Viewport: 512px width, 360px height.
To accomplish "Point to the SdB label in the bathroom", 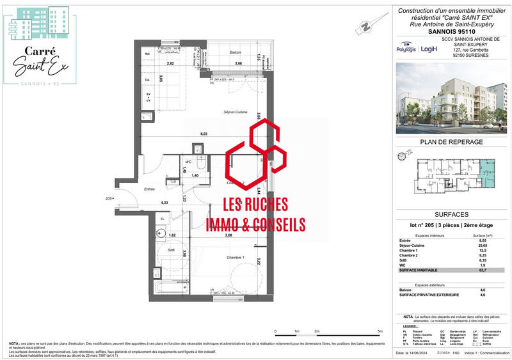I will pyautogui.click(x=171, y=249).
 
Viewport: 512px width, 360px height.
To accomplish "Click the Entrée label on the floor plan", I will pyautogui.click(x=150, y=189).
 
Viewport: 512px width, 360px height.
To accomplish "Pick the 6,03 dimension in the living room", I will pyautogui.click(x=204, y=134).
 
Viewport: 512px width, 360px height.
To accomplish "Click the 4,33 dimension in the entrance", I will pyautogui.click(x=147, y=203).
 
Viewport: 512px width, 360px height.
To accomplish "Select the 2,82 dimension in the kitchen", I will pyautogui.click(x=170, y=63).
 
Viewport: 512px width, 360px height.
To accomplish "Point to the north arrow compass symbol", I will pyautogui.click(x=365, y=27).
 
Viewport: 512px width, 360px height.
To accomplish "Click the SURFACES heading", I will pyautogui.click(x=451, y=215).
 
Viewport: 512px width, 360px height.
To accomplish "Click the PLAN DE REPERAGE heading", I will pyautogui.click(x=451, y=142).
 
